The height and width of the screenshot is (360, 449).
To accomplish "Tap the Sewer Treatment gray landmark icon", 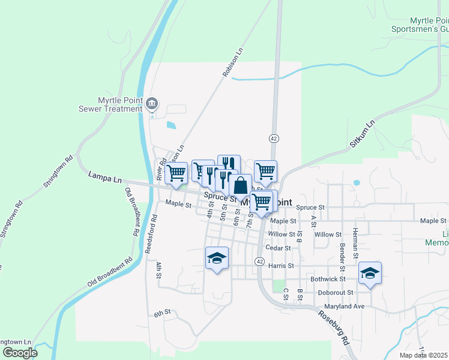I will (152, 104).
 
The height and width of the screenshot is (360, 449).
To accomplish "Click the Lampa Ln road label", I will (104, 179).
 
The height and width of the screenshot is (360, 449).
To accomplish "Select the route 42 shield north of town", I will (274, 139).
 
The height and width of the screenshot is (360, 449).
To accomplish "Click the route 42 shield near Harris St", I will (259, 262).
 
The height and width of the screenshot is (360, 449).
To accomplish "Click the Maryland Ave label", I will (345, 307).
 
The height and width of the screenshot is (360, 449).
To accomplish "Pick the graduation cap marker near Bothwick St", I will (370, 273).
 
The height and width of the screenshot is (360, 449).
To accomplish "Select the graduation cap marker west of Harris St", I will (217, 258).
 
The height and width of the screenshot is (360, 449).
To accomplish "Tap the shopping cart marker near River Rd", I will (176, 173).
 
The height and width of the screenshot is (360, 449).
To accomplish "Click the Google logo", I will (20, 353).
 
